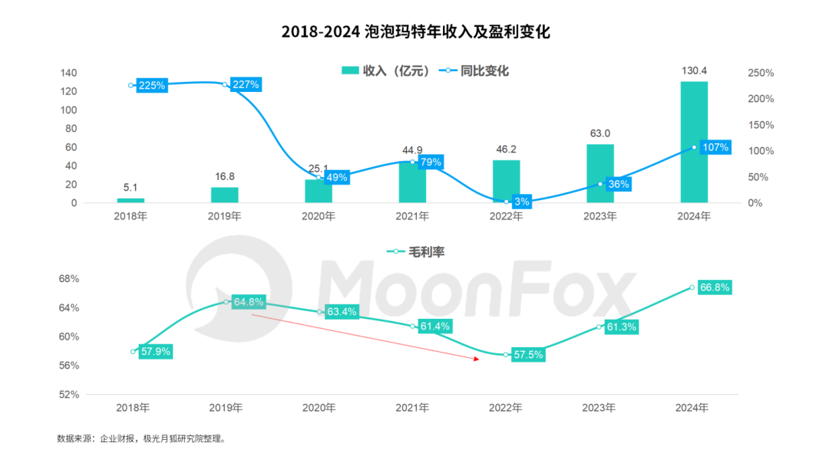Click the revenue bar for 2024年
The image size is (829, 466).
[694, 142]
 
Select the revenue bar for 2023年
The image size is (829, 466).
[600, 173]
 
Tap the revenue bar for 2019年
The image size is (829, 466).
[225, 195]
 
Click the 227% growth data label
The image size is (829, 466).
[246, 84]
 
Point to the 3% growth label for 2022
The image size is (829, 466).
[521, 202]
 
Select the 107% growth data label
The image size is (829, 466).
[715, 147]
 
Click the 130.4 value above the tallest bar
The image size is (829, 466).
[694, 71]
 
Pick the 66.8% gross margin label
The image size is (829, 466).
[714, 287]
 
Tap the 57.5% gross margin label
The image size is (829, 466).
[527, 355]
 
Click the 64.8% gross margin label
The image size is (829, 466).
[249, 302]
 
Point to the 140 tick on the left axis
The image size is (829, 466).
[68, 73]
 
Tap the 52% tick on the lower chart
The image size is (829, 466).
[69, 394]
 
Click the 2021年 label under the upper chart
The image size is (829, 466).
[412, 216]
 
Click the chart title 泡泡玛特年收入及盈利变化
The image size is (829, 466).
[415, 31]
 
